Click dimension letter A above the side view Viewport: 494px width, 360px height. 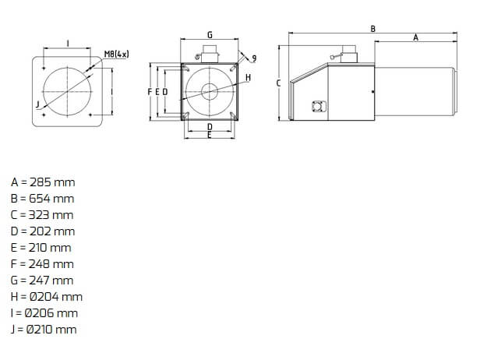pyautogui.click(x=416, y=37)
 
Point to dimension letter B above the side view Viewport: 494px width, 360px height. pyautogui.click(x=373, y=29)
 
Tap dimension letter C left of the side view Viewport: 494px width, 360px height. pyautogui.click(x=278, y=83)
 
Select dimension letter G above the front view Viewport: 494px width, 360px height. pyautogui.click(x=210, y=34)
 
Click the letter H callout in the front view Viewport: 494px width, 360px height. pyautogui.click(x=249, y=77)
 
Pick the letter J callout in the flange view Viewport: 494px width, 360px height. pyautogui.click(x=38, y=104)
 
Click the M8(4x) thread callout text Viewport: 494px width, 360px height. pyautogui.click(x=117, y=55)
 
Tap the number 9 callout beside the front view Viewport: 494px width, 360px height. pyautogui.click(x=254, y=58)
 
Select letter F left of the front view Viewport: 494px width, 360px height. pyautogui.click(x=150, y=92)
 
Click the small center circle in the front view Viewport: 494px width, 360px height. pyautogui.click(x=210, y=92)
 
